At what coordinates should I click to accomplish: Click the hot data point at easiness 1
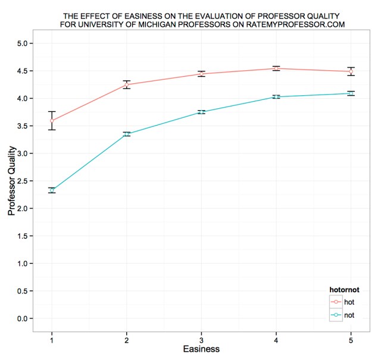[x=52, y=120]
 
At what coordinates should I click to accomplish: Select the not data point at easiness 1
[x=52, y=190]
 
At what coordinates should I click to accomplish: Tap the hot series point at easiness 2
[x=127, y=84]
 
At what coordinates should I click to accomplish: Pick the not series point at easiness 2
[x=127, y=134]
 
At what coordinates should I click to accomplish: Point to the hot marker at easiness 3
[x=202, y=74]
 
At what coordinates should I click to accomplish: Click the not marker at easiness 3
[x=202, y=112]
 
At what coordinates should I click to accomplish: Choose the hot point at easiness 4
[x=276, y=68]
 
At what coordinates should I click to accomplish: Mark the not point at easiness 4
[x=276, y=96]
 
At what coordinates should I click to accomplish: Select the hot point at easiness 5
[x=351, y=71]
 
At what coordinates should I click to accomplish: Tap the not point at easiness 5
[x=351, y=93]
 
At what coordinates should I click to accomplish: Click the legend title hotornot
[x=345, y=290]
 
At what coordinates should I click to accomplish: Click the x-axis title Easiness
[x=201, y=349]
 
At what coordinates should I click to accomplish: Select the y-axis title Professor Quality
[x=11, y=181]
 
